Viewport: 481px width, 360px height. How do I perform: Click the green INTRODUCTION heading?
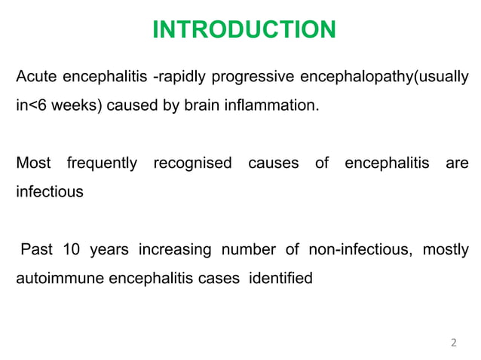point(244,30)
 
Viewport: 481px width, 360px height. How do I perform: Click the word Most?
point(33,163)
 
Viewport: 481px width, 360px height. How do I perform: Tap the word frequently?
point(102,163)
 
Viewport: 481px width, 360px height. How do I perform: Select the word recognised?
point(192,163)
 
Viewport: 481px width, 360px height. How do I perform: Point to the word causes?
point(272,163)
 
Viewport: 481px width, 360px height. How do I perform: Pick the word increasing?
point(173,249)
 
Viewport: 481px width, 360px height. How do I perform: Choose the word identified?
point(280,277)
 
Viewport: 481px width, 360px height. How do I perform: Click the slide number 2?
point(453,343)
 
